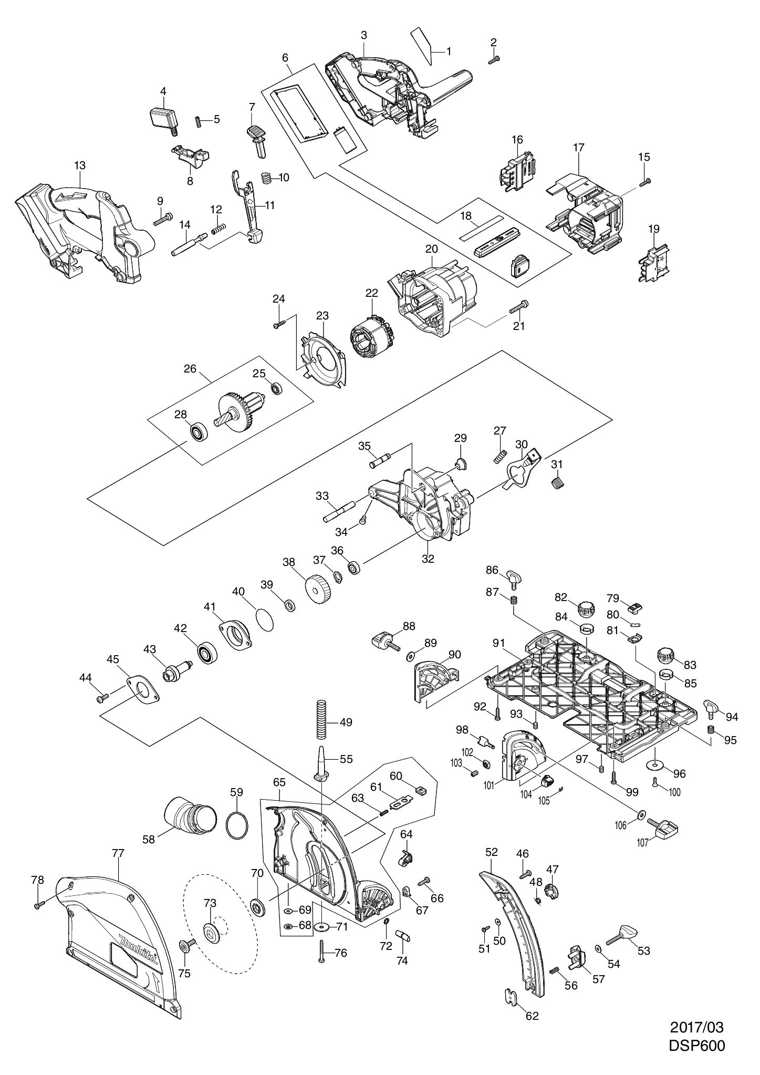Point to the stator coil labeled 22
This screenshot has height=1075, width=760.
coord(371,335)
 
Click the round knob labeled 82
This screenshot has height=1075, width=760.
coord(586,611)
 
